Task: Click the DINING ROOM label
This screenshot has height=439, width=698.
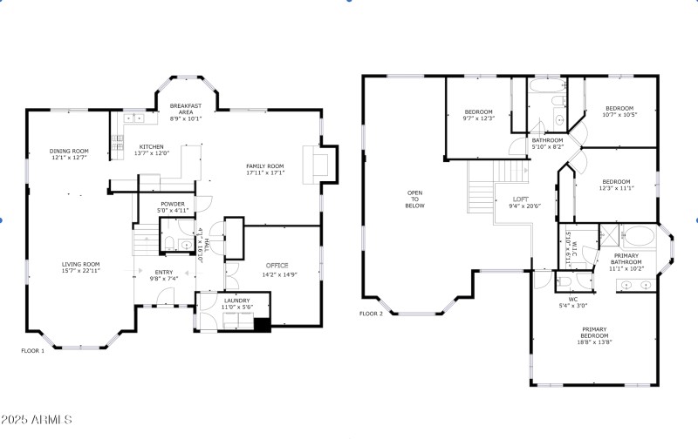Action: [69, 151]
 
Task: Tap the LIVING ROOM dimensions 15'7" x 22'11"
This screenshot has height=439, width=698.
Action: [80, 271]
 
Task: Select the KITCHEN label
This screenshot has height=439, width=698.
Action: [151, 146]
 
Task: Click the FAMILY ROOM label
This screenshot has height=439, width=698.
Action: [265, 165]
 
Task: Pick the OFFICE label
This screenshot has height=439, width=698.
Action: [277, 266]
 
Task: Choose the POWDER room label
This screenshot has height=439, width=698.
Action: [172, 204]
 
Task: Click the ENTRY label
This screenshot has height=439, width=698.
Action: [164, 272]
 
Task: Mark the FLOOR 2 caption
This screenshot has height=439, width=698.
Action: [371, 314]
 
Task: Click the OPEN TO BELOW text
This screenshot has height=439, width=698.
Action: [414, 199]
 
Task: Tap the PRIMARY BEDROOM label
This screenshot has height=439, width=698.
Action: [595, 332]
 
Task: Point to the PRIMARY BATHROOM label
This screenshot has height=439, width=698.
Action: [625, 259]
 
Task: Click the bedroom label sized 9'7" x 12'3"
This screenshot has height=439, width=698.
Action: [479, 111]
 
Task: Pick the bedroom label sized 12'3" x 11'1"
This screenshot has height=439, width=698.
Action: [614, 181]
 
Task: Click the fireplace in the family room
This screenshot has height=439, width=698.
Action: [316, 165]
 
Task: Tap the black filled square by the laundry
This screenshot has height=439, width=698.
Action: [261, 325]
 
